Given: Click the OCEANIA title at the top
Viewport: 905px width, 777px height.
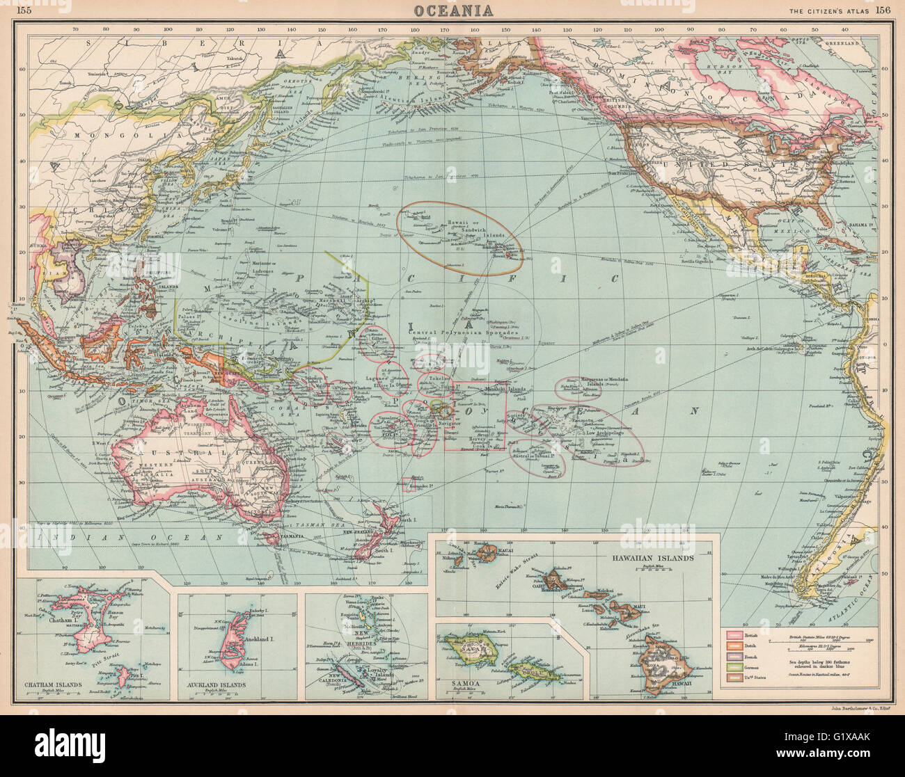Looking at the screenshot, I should tap(455, 10).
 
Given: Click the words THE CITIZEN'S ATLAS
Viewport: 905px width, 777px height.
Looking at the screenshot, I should tap(828, 10).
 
